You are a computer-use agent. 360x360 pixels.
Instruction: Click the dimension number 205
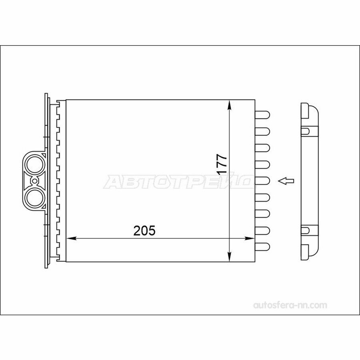point(144,231)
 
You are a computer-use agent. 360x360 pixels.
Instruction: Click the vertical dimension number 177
point(222,164)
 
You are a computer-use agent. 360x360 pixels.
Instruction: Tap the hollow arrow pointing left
point(286,181)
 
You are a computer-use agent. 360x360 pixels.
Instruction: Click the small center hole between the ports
point(34,181)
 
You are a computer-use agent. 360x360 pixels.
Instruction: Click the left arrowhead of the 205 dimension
point(71,238)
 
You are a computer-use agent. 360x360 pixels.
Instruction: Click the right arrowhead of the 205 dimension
point(250,238)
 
